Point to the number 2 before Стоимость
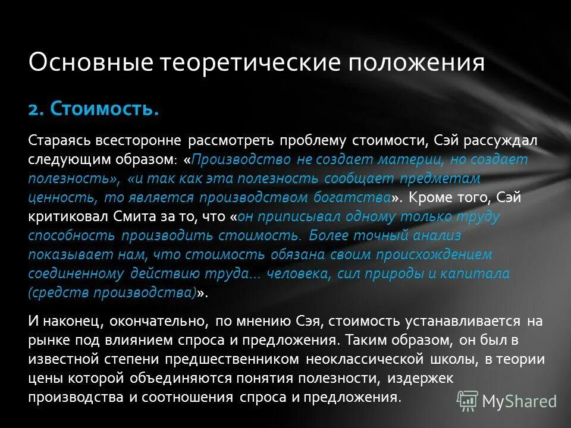pos(34,109)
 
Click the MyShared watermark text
pos(519,401)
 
